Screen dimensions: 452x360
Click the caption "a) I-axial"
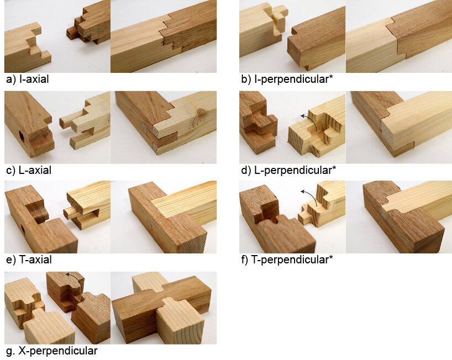28,79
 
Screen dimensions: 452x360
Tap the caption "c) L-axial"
29,170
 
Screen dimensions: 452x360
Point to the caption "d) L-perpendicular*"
288,170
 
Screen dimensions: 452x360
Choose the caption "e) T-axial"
29,260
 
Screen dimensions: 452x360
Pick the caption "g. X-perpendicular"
51,351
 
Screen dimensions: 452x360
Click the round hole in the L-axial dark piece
22,137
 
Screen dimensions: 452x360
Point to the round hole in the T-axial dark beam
23,230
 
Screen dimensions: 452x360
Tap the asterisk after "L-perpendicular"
334,168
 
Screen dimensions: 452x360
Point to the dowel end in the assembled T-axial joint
149,224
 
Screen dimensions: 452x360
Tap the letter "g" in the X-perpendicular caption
9,352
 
